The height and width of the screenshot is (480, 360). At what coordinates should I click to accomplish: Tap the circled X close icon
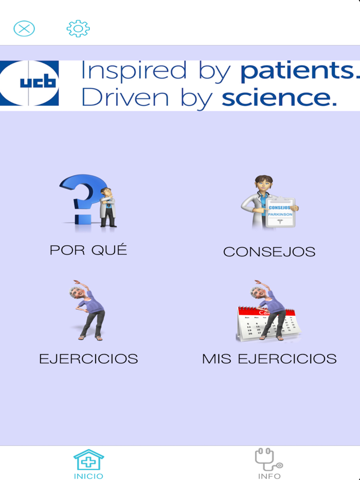(x=24, y=28)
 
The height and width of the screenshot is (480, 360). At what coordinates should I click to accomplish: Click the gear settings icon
(x=78, y=28)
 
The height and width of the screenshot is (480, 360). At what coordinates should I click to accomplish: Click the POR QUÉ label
(x=88, y=250)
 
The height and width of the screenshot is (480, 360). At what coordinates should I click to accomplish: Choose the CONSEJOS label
(x=269, y=252)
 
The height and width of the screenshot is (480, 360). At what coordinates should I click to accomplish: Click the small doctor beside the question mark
(x=107, y=207)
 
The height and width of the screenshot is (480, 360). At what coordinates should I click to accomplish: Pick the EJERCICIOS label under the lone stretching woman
(x=88, y=359)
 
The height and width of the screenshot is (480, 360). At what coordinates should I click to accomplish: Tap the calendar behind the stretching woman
(x=247, y=324)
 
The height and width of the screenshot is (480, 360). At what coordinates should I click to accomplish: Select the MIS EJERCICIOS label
(x=269, y=359)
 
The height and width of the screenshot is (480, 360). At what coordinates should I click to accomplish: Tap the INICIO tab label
(x=88, y=476)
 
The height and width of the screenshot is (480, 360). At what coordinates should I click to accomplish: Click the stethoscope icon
(x=269, y=459)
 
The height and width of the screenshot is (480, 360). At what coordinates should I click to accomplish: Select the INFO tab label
(x=269, y=476)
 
